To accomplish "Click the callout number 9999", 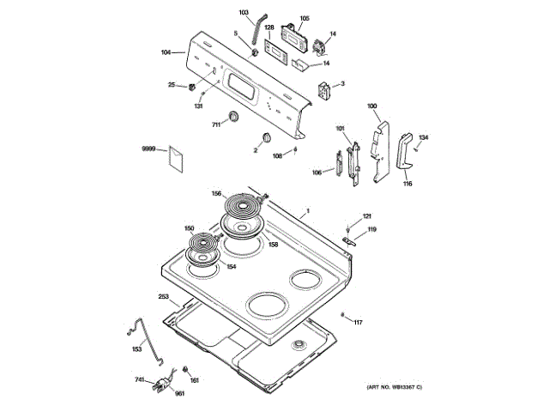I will click(148, 150).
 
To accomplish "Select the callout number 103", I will click(243, 13).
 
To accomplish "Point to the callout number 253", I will click(163, 297).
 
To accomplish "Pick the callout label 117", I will click(359, 323).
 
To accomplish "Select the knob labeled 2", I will click(267, 138).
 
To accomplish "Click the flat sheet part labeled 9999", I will click(176, 158).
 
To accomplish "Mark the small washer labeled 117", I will click(343, 315).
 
